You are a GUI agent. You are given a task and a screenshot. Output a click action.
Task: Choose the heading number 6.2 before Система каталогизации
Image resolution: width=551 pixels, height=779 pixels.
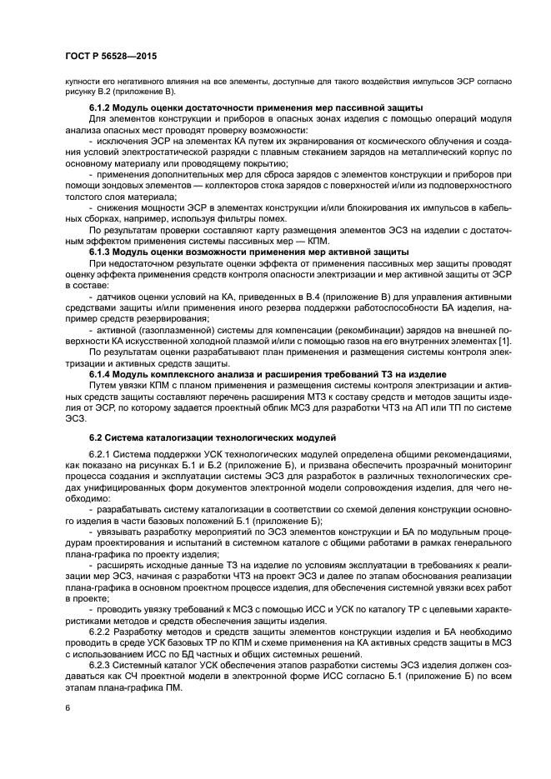pos(95,437)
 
